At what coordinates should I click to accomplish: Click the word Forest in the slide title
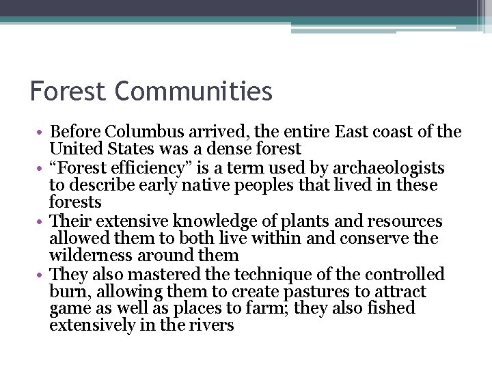click(70, 91)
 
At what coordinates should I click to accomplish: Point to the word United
click(73, 149)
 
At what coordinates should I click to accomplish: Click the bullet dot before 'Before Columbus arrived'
click(42, 133)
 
